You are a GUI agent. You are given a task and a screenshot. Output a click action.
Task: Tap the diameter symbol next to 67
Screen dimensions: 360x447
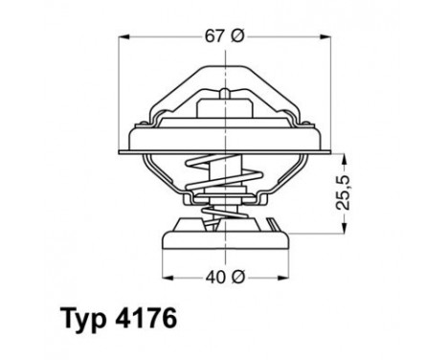pyautogui.click(x=237, y=36)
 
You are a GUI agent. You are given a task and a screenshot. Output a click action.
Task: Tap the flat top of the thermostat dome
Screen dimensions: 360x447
pyautogui.click(x=224, y=70)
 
